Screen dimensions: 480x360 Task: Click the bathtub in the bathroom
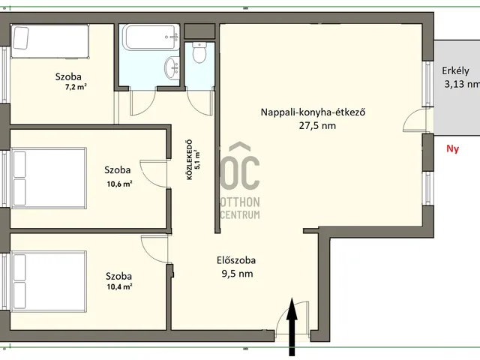coord(151,37)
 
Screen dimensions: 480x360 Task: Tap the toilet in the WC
coord(199,52)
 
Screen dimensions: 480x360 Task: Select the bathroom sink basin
coord(172,68)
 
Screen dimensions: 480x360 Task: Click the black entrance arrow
coord(292,327)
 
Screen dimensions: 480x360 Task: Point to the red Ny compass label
coord(453,149)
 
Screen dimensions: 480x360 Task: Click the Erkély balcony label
coord(455,71)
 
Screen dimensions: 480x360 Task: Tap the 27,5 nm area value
coord(317,125)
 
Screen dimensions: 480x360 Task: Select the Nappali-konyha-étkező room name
coord(313,112)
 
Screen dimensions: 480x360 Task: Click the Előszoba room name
coord(236,260)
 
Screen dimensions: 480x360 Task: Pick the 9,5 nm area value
coord(237,274)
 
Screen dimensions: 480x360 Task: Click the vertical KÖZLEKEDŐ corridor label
coord(189,160)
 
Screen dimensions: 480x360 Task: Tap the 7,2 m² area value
coord(76,87)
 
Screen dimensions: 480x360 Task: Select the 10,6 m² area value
coord(119,184)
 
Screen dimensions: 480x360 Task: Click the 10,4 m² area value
coord(119,286)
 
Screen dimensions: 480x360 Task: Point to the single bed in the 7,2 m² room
coord(50,41)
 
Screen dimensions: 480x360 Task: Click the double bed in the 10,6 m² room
coord(49,178)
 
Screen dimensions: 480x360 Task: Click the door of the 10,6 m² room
coord(153,173)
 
